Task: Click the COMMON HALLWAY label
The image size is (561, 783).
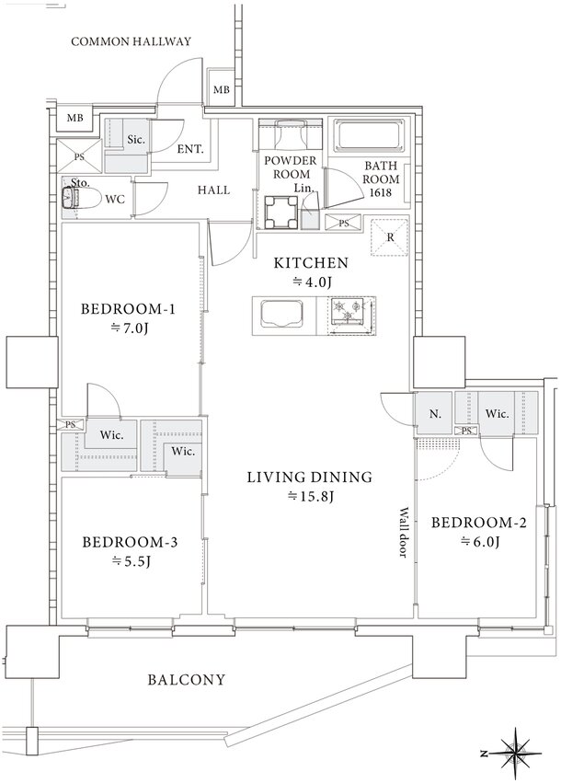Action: (x=131, y=41)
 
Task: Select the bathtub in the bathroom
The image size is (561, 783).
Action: (x=370, y=134)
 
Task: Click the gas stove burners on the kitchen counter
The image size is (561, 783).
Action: (x=348, y=313)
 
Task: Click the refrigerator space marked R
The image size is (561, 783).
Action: (x=390, y=237)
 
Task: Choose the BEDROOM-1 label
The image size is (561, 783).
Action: (x=128, y=309)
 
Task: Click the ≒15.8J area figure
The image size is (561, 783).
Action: (x=311, y=496)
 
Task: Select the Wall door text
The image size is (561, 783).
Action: (x=404, y=533)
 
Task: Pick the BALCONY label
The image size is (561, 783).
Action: (x=187, y=680)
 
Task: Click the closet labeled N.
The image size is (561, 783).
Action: (x=434, y=413)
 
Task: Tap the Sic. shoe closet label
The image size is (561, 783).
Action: (x=136, y=140)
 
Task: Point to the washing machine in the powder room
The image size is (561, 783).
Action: (x=281, y=212)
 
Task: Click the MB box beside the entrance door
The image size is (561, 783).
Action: (x=221, y=90)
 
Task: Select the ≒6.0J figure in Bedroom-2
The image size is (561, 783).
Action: (x=479, y=542)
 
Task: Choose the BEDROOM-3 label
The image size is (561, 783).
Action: (x=130, y=542)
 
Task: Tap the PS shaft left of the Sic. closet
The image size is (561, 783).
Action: (x=79, y=156)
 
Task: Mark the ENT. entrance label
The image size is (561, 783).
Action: (x=190, y=149)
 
